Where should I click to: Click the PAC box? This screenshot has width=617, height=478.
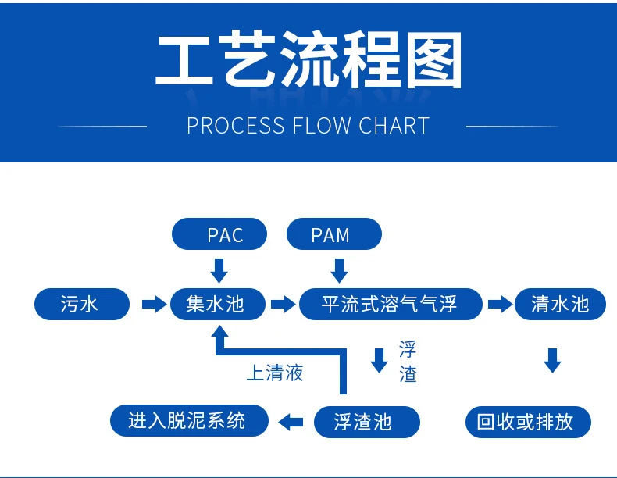(x=219, y=234)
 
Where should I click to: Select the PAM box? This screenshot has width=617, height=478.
(x=334, y=234)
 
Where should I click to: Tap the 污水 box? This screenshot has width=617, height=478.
(x=81, y=304)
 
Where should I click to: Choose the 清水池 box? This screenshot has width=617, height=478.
(x=560, y=304)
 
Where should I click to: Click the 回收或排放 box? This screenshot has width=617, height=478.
(x=529, y=423)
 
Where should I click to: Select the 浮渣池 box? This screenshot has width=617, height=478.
(x=366, y=423)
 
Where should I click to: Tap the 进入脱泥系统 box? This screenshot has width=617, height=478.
(x=188, y=421)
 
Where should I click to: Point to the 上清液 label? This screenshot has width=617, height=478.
(x=274, y=373)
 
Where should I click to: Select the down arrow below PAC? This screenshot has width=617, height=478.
(x=219, y=270)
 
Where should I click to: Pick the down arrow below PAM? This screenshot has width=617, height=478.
(x=339, y=270)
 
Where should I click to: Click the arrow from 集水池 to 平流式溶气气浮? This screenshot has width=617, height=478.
(x=283, y=304)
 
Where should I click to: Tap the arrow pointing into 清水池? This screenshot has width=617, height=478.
(x=500, y=304)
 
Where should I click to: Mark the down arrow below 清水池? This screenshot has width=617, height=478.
(x=552, y=360)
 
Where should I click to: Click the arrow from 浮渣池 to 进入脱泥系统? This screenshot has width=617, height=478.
(x=291, y=423)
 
